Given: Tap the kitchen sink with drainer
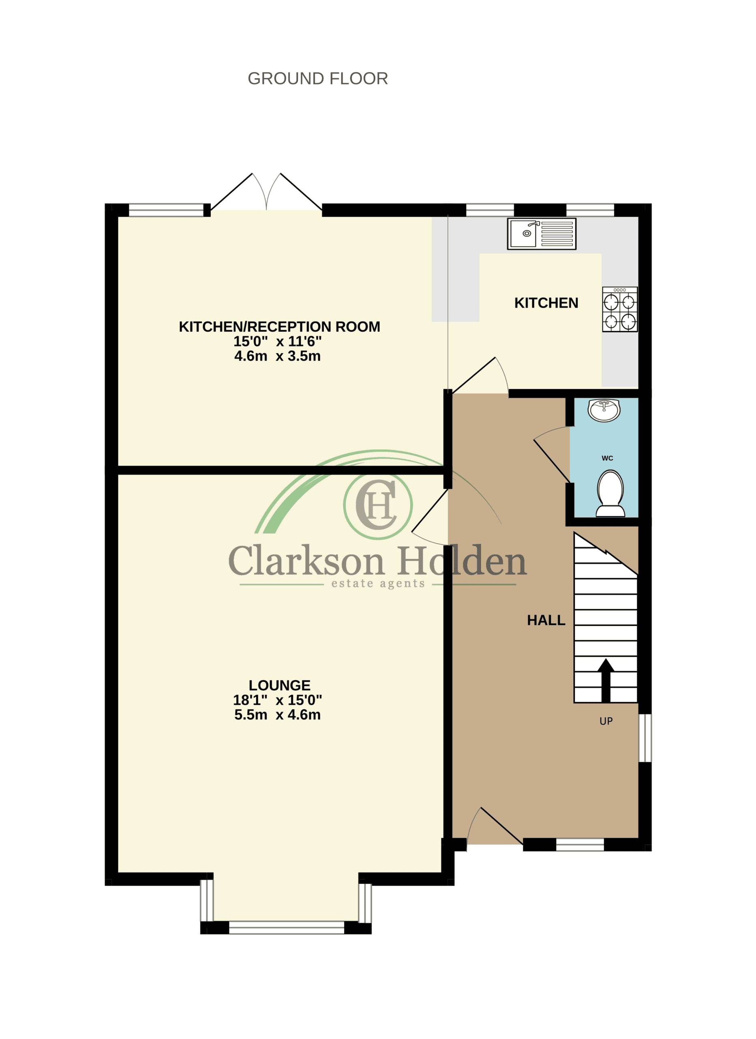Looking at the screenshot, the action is coord(542,234).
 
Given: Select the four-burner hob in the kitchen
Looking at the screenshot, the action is coord(620,309).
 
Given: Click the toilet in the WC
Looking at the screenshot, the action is coord(610,494).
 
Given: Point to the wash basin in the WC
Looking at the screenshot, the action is coord(604,410).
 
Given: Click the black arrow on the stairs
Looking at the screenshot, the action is coord(606,680).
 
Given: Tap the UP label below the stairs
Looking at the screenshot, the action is coord(606,721).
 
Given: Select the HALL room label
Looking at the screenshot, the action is coord(546,620).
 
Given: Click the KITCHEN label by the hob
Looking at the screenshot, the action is coord(546,303).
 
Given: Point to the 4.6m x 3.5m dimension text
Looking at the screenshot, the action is coord(277,356).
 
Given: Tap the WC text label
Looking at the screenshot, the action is coord(607,458).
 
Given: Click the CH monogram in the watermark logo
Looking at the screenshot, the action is coord(377,505).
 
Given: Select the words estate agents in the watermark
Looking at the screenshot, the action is coord(378,583).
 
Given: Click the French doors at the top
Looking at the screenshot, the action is coord(266,192).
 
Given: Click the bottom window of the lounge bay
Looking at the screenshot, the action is coord(287,927).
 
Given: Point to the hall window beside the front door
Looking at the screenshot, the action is coord(580,844).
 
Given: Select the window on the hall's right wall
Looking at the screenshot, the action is coord(645,737).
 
